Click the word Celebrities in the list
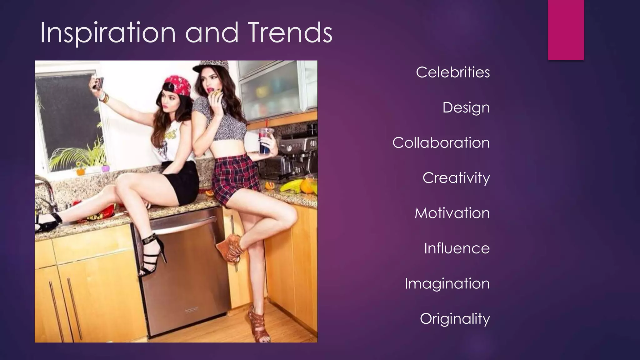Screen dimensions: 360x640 click(452, 72)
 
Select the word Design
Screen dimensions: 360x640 click(466, 108)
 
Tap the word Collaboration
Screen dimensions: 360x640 click(441, 143)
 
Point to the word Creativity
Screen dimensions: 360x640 click(456, 178)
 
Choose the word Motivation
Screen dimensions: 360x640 click(452, 213)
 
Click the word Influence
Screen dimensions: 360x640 click(457, 248)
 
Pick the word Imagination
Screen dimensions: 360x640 click(447, 284)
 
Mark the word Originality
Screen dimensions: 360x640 click(455, 319)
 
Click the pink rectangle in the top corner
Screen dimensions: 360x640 click(566, 30)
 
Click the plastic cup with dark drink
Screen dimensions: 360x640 click(265, 141)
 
